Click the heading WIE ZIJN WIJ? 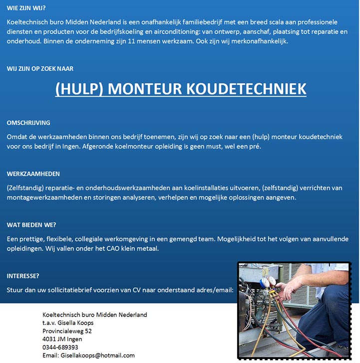tap(26, 8)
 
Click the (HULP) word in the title tap(79, 89)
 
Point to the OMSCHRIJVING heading tap(28, 123)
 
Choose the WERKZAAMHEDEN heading tap(33, 174)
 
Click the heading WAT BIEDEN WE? tap(31, 225)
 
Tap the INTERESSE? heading tap(23, 276)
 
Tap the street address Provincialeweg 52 tap(67, 331)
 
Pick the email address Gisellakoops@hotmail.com tap(97, 355)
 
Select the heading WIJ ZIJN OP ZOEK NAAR tap(40, 69)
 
